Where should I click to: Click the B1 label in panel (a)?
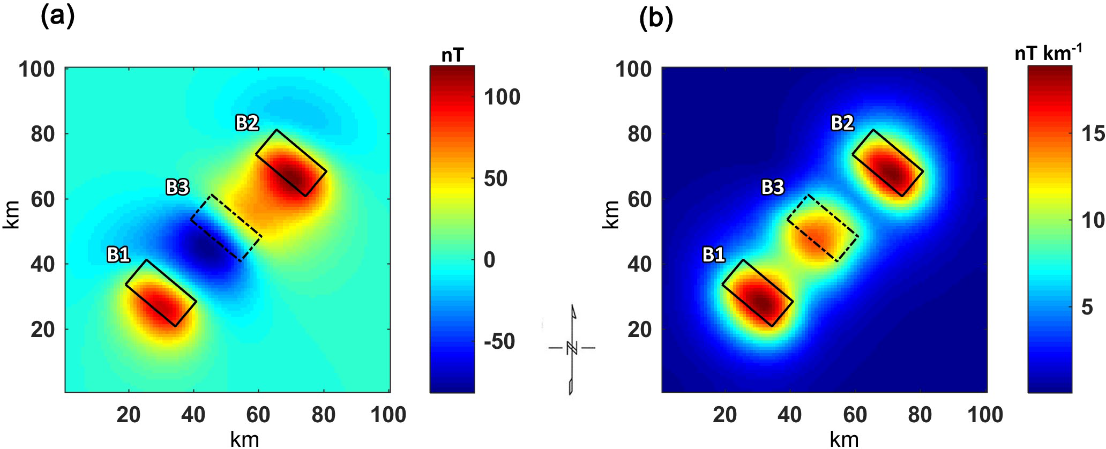click(118, 255)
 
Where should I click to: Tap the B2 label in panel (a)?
click(247, 123)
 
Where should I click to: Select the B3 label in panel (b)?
click(773, 187)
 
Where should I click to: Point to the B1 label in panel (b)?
click(714, 255)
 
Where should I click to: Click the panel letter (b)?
click(656, 17)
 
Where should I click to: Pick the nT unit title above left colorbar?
click(452, 55)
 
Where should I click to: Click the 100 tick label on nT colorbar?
click(502, 97)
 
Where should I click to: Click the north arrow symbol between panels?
click(572, 348)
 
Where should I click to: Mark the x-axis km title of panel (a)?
click(244, 439)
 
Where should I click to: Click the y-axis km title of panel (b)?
click(612, 214)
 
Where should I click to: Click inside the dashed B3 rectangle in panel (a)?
click(227, 228)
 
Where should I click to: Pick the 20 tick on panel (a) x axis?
click(129, 415)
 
